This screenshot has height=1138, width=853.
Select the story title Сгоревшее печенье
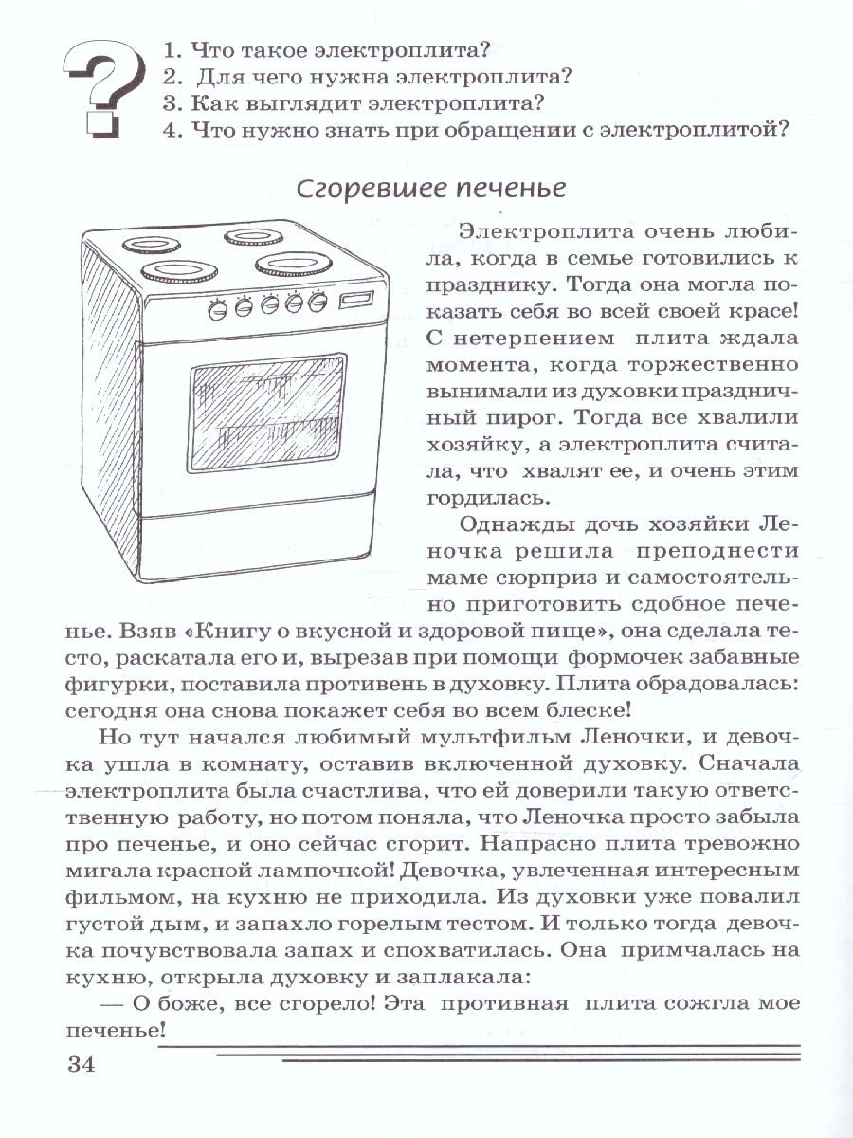[x=431, y=189]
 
